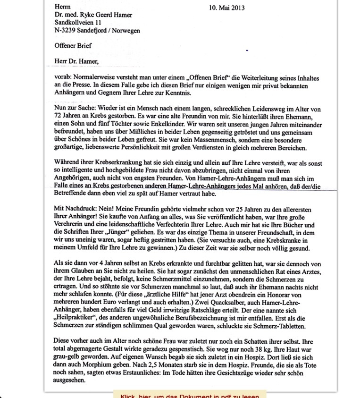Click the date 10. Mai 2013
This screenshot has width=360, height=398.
click(227, 8)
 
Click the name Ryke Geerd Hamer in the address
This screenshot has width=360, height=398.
click(105, 15)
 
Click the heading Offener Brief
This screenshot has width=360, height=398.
click(73, 46)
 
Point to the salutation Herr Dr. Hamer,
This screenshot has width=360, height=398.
click(77, 61)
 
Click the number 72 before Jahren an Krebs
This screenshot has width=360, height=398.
click(59, 116)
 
